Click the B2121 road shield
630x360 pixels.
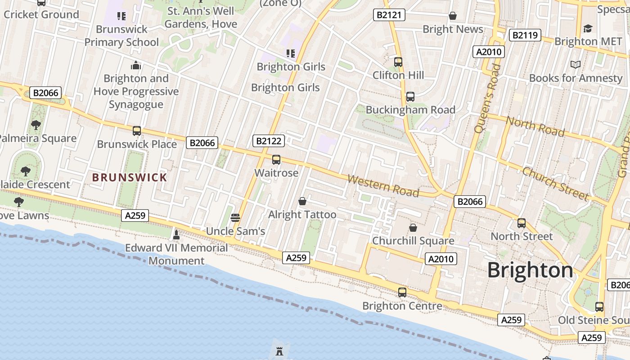point(389,15)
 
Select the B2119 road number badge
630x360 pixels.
point(525,35)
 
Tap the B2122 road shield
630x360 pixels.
point(269,141)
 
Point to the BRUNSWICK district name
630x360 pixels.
point(130,177)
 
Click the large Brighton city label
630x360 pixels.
point(530,270)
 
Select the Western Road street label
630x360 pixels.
point(383,186)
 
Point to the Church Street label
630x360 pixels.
point(556,184)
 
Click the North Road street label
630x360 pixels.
point(535,126)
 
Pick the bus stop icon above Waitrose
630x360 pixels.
point(276,160)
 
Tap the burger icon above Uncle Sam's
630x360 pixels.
point(235,218)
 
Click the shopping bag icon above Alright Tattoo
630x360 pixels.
point(302,201)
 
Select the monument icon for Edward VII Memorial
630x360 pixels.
point(176,234)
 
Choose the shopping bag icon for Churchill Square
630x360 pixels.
point(413,228)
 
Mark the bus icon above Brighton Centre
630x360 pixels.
point(402,292)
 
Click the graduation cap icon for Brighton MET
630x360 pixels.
point(588,28)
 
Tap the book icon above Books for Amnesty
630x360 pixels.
point(576,65)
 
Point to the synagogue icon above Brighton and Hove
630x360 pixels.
point(136,66)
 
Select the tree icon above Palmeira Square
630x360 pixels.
point(36,125)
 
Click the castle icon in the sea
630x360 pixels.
point(279,351)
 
